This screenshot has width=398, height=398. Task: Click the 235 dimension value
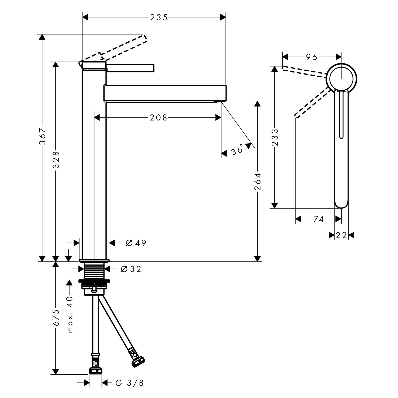[x=159, y=18]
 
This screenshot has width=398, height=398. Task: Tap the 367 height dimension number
[x=43, y=136]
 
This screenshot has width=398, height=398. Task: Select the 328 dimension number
[x=56, y=160]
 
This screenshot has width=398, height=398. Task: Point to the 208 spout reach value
[x=158, y=118]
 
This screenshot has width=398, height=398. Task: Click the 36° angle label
[x=237, y=150]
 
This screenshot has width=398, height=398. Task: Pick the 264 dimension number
[x=258, y=182]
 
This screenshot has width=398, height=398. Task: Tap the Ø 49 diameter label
[x=136, y=243]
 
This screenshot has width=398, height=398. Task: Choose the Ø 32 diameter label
[x=131, y=269]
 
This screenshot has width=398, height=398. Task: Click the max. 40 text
[x=70, y=314]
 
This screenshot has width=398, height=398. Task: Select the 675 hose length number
[x=56, y=318]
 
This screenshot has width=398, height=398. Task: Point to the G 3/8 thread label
[x=129, y=383]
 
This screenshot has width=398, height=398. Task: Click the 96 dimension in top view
[x=312, y=57]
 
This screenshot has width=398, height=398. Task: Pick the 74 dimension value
[x=318, y=219]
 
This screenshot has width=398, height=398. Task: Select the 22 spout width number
[x=341, y=235]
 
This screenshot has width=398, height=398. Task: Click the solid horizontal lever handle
[x=130, y=68]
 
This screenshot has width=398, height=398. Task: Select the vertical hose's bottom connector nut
[x=95, y=370]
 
